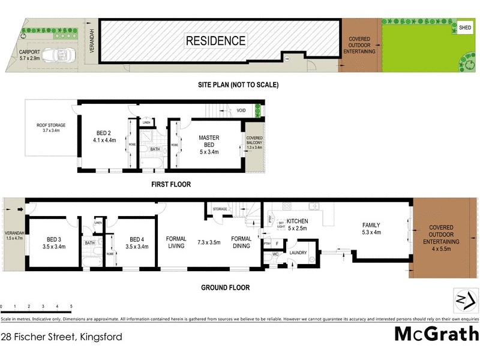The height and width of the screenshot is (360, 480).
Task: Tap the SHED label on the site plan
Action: (465, 28)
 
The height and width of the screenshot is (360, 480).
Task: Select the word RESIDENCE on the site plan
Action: (215, 41)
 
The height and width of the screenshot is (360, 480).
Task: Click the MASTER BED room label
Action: (209, 141)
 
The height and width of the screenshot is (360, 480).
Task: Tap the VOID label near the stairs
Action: (241, 110)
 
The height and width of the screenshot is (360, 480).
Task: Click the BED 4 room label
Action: (138, 242)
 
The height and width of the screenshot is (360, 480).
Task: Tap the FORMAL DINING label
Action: (241, 242)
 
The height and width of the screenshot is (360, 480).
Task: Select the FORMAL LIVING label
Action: (176, 242)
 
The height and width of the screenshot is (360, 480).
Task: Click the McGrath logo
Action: (436, 334)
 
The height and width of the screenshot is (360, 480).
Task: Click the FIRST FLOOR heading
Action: (172, 184)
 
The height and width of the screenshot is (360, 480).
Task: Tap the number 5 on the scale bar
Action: (71, 307)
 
